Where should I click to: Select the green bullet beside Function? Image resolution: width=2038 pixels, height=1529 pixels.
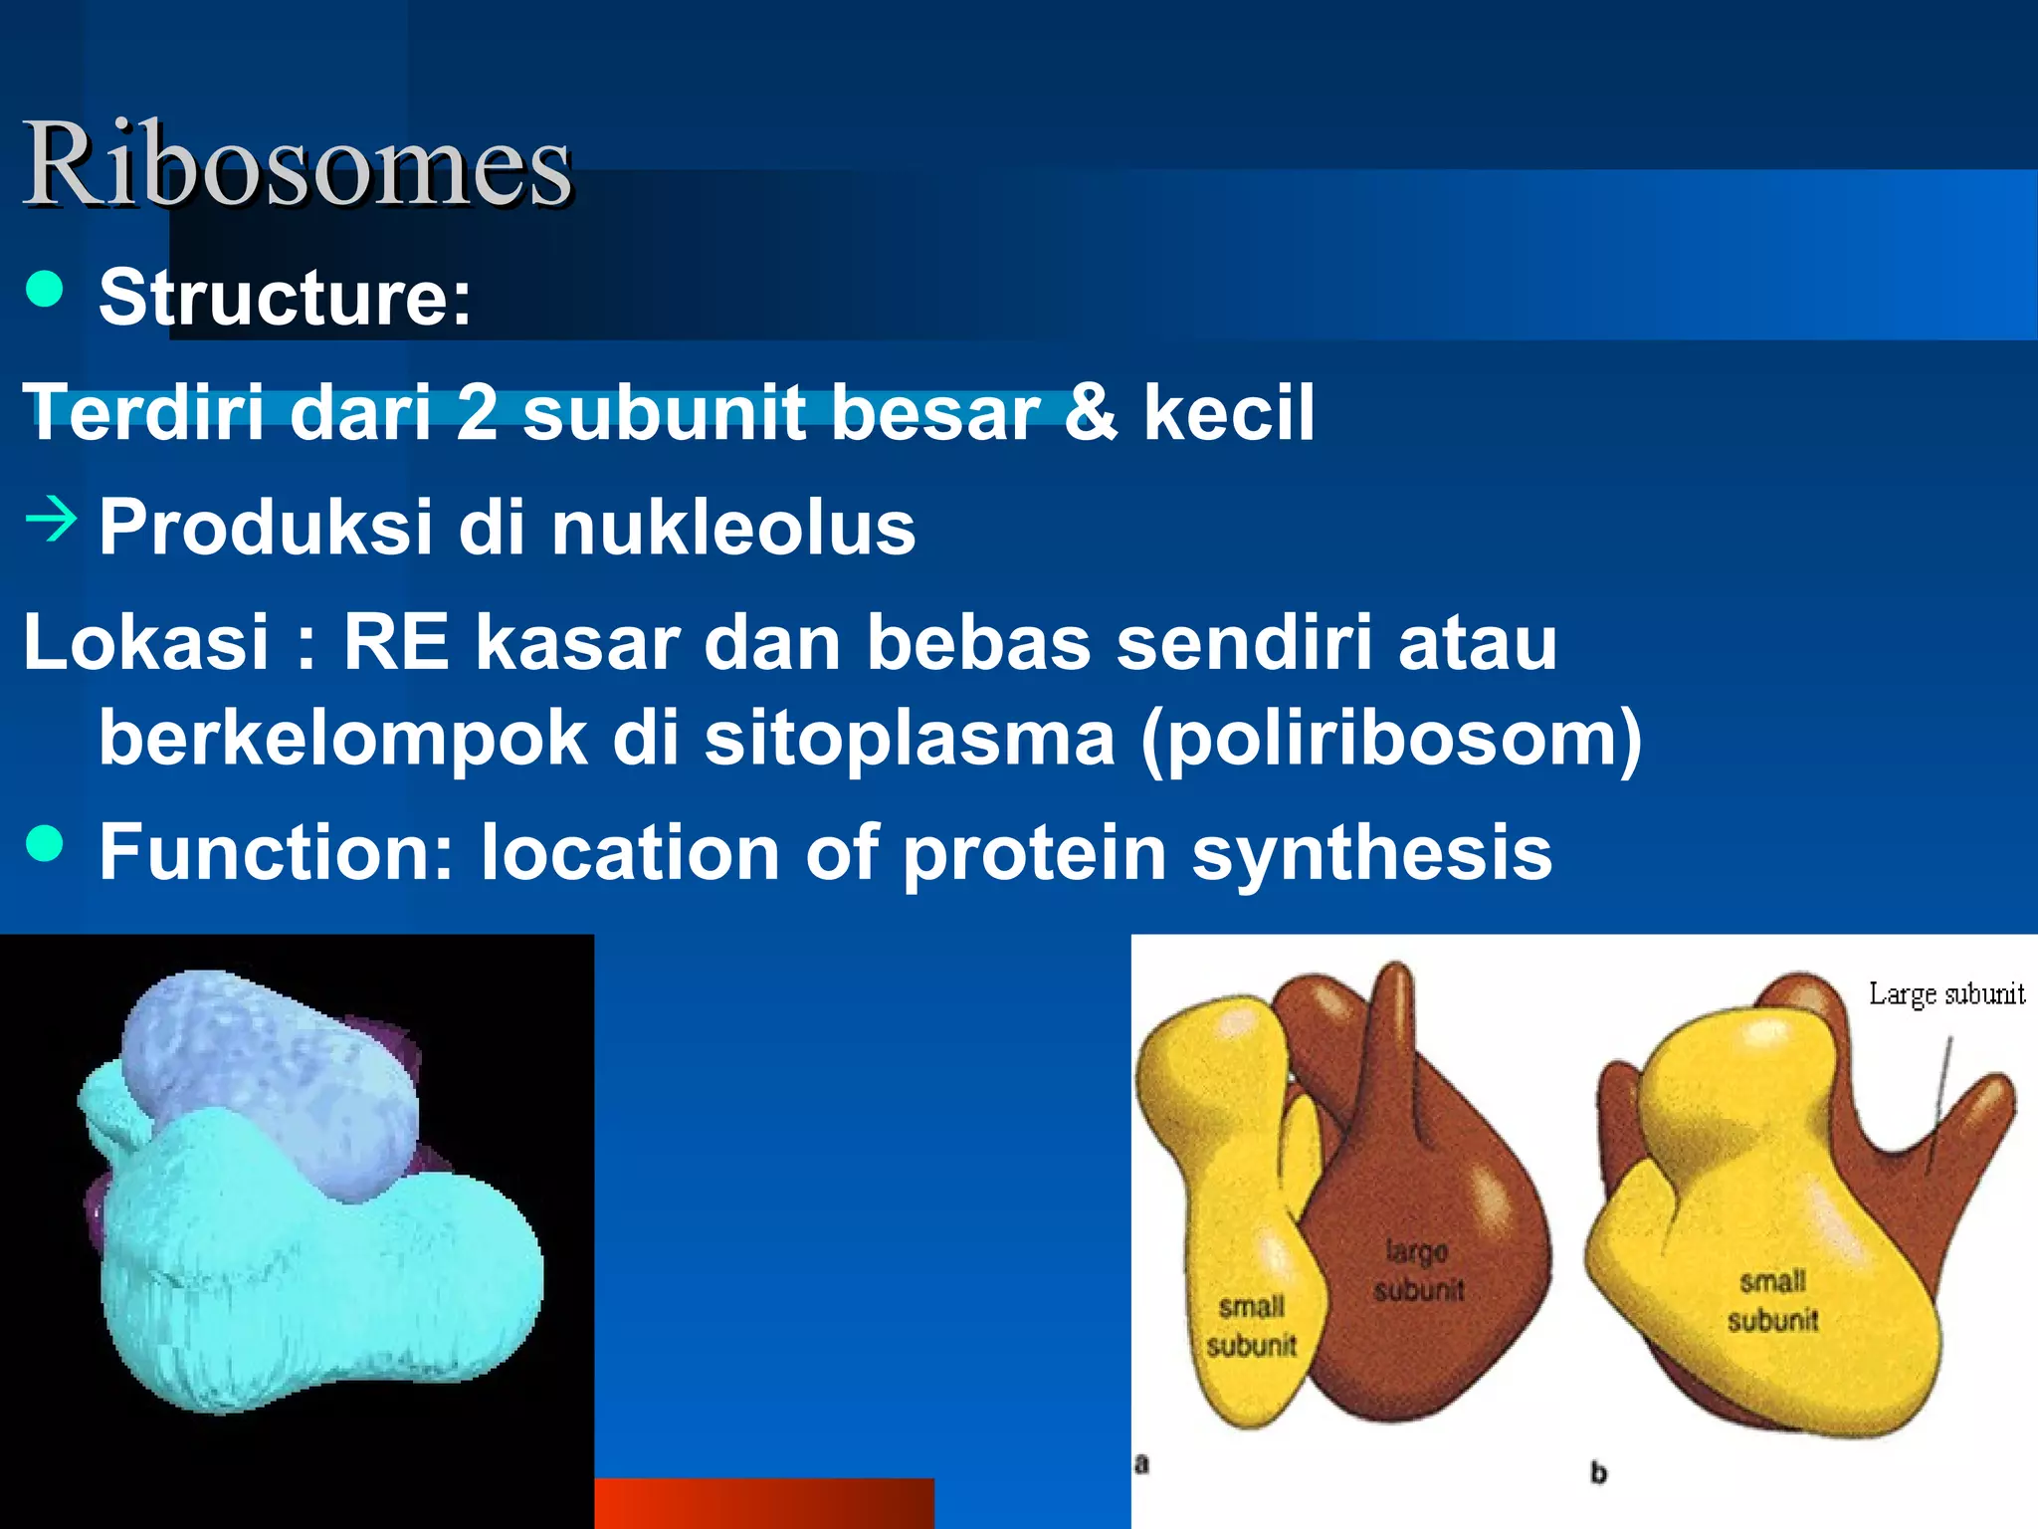tap(45, 844)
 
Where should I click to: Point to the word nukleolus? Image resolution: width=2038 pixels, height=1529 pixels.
tap(732, 528)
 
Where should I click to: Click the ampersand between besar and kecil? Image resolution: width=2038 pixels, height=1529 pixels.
tap(1091, 411)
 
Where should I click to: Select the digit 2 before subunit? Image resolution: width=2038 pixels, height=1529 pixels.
tap(477, 411)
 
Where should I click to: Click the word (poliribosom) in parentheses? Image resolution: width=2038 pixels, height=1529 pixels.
tap(1390, 739)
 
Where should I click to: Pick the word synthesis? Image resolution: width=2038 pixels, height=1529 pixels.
tap(1371, 853)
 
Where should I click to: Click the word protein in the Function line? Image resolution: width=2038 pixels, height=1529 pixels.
tap(1034, 853)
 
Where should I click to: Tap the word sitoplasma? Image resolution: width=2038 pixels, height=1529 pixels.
tap(910, 739)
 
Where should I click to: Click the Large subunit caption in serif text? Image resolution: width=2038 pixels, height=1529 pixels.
tap(1945, 993)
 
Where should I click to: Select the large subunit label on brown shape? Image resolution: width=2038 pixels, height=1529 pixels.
tap(1418, 1270)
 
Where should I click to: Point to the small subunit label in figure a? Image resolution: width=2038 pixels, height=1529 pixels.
tap(1251, 1325)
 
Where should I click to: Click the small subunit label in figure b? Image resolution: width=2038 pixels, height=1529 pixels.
tap(1772, 1300)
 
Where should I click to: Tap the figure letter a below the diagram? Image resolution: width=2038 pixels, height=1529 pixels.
tap(1141, 1463)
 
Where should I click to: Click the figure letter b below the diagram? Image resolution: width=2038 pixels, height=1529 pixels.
tap(1598, 1472)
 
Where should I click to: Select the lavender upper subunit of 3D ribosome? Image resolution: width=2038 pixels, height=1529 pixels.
tap(269, 1080)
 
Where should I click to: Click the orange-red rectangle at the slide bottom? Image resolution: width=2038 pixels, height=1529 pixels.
tap(763, 1503)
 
